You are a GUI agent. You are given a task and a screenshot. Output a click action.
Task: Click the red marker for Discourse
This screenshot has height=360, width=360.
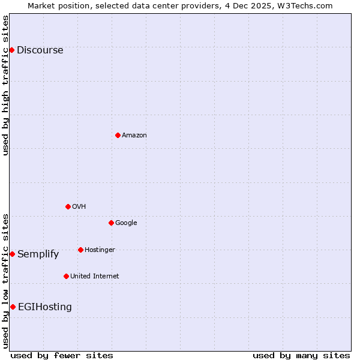click(11, 50)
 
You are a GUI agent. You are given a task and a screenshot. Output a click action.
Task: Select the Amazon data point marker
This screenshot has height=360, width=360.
click(118, 135)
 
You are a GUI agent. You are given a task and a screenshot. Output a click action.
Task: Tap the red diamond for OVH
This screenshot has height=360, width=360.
click(68, 206)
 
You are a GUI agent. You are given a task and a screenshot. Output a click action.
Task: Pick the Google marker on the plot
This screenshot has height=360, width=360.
click(111, 223)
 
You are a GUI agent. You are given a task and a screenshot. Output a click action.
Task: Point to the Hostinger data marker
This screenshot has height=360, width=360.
click(80, 250)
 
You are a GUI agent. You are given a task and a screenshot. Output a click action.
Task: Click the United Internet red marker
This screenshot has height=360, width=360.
click(66, 276)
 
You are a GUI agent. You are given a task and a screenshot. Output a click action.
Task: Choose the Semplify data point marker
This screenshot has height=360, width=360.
click(12, 254)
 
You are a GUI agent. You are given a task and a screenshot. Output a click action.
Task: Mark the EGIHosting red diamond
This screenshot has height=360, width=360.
click(13, 307)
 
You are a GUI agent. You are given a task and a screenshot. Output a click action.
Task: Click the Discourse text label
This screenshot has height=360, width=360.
click(40, 50)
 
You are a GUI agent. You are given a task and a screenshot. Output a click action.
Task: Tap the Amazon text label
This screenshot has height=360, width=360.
click(134, 135)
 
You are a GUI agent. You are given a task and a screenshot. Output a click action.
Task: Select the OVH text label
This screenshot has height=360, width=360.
click(79, 206)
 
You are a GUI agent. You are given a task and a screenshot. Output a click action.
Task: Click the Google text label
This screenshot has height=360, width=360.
click(126, 223)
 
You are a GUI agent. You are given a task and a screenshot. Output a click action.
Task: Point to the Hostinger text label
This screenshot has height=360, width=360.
click(100, 250)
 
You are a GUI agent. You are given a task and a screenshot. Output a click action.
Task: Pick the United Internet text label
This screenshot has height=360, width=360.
click(94, 276)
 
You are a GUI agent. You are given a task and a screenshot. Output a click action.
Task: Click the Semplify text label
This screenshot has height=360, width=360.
click(38, 254)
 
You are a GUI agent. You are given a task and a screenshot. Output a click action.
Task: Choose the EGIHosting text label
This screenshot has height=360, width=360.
click(44, 307)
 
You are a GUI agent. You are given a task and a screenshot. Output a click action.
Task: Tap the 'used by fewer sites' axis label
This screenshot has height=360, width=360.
click(62, 355)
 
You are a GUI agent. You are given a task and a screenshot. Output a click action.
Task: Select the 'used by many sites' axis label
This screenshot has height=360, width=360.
click(301, 355)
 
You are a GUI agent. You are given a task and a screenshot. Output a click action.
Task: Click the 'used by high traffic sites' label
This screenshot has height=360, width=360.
click(5, 85)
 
